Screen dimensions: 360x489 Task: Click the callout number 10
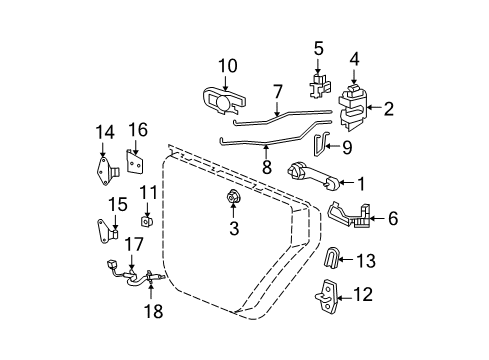click(x=227, y=66)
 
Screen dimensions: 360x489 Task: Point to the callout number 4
click(x=355, y=58)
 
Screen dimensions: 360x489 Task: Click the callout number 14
click(x=105, y=132)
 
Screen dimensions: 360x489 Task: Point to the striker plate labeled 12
click(x=330, y=295)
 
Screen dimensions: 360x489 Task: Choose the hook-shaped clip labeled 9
click(x=319, y=146)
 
